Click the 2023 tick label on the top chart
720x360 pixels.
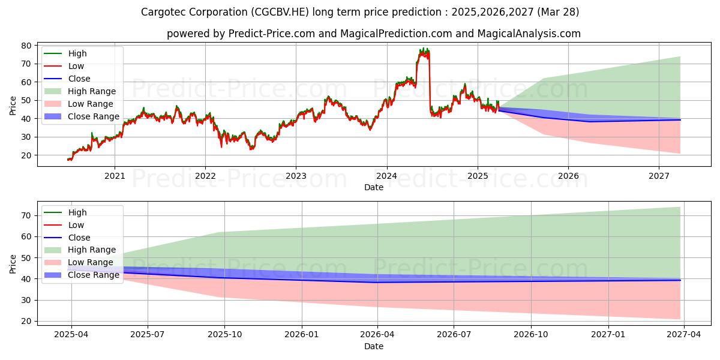[296, 176]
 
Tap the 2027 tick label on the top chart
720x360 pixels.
[659, 176]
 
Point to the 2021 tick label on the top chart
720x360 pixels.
[115, 176]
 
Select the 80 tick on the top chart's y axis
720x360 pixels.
[27, 46]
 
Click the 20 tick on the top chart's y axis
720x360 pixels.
[27, 155]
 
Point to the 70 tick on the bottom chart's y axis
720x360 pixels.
[27, 215]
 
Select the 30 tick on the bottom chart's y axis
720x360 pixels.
[27, 300]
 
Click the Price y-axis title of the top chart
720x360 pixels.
[13, 105]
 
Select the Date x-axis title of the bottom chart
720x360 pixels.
[374, 346]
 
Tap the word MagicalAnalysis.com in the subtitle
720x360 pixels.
[529, 34]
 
